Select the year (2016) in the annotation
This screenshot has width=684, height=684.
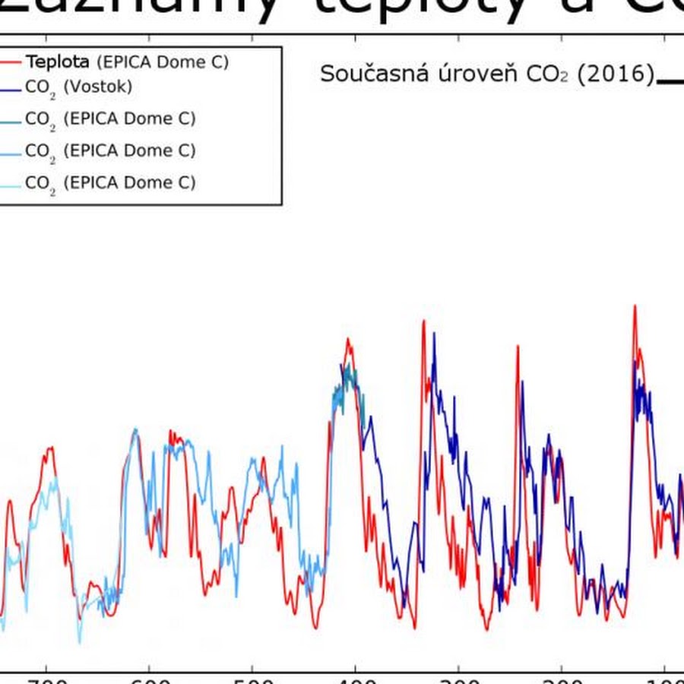click(616, 74)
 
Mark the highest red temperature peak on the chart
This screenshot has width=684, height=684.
click(634, 307)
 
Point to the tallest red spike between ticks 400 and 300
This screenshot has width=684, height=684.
click(423, 322)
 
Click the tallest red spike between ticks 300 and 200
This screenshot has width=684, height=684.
click(518, 347)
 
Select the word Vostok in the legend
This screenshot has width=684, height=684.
click(98, 87)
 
